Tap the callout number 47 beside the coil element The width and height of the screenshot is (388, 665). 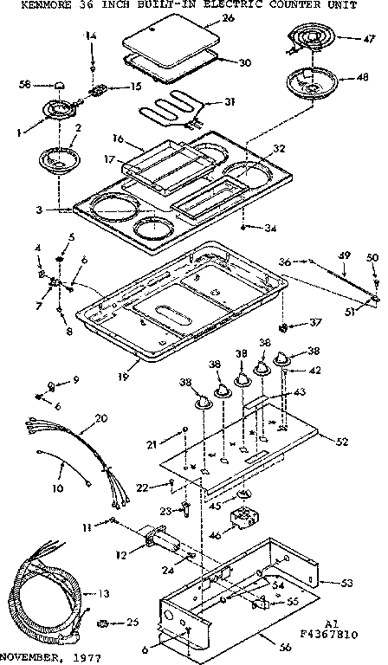click(369, 40)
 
